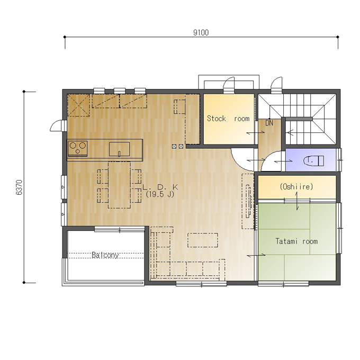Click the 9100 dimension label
[x=201, y=33]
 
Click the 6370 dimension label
[x=19, y=187]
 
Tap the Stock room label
[x=228, y=119]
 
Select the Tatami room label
[x=296, y=241]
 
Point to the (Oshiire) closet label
[x=296, y=187]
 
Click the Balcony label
[x=105, y=255]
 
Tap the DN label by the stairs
[x=269, y=123]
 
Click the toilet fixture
[x=313, y=161]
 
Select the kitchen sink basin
[x=119, y=149]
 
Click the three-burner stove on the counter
[x=78, y=148]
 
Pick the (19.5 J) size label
[x=160, y=194]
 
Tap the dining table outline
[x=120, y=185]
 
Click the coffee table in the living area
[x=203, y=240]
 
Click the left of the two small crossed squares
[x=174, y=146]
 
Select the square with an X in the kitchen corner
[x=78, y=105]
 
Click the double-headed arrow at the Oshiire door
[x=297, y=201]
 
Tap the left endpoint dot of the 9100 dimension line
[x=65, y=37]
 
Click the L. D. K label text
[x=160, y=187]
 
